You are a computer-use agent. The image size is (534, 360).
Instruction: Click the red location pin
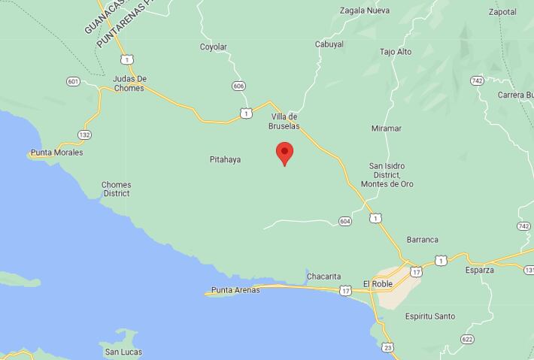point(284,152)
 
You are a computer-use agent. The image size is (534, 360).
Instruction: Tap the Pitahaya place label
point(225,159)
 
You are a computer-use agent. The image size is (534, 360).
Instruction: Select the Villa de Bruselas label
point(284,121)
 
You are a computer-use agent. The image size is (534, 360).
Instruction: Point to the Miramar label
point(386,129)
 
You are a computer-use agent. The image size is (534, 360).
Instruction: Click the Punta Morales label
point(56,153)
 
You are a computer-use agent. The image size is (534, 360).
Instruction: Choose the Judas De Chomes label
point(129,83)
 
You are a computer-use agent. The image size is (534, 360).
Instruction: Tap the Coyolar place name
point(213,47)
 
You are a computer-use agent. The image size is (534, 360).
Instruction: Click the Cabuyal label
point(329,44)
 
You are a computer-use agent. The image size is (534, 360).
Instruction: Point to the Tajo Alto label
point(396,52)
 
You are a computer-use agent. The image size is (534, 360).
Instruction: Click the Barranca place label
point(422,240)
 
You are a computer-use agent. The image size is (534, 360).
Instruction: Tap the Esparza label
point(480,270)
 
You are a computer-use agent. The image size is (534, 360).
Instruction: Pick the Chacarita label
point(324,277)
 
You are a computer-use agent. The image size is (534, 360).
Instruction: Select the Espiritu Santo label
point(429,316)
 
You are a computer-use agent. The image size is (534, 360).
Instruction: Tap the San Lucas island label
point(123,352)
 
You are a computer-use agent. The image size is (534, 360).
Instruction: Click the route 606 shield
point(238,86)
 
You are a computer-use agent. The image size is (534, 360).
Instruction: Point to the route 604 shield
point(344,221)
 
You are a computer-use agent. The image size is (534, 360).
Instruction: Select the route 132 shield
point(84,135)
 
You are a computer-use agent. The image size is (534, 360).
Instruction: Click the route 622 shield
point(468,339)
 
